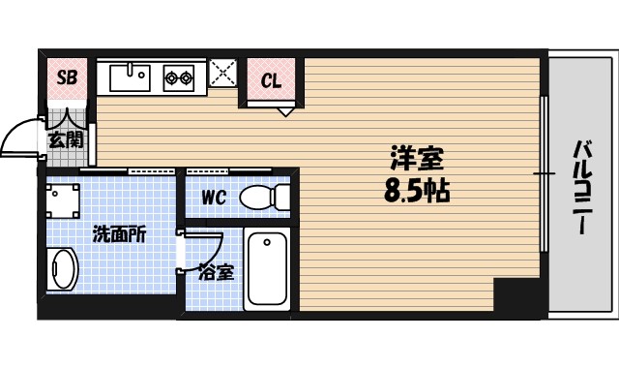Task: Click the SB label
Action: tap(67, 77)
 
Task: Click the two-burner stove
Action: tap(179, 77)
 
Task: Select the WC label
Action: tap(214, 198)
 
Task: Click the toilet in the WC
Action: tap(263, 197)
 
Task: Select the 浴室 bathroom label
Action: tap(216, 272)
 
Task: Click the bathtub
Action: tap(268, 269)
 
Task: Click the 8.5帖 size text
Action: tap(417, 189)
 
